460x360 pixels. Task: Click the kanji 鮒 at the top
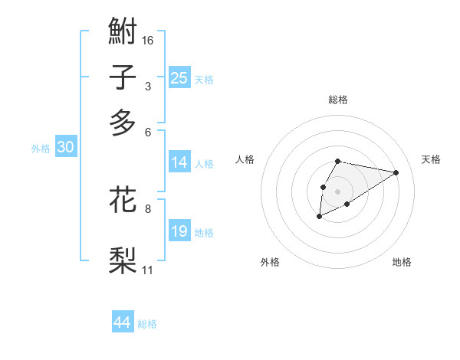point(123,31)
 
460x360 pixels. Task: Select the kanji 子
point(123,77)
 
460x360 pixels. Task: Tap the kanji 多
point(123,123)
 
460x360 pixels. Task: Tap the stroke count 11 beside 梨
point(148,270)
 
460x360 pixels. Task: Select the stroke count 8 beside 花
point(148,208)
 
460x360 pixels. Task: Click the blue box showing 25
point(179,78)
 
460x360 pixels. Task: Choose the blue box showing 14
point(179,162)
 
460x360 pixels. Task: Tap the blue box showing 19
point(179,231)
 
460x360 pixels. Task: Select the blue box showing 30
point(65,148)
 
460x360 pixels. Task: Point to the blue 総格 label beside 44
point(147,324)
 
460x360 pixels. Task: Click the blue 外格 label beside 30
point(41,149)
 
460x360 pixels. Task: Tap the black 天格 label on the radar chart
point(431,159)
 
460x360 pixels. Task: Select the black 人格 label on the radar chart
point(245,159)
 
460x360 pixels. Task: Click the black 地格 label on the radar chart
point(402,262)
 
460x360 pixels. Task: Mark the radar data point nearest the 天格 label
point(396,172)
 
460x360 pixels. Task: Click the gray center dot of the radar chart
point(337,191)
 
